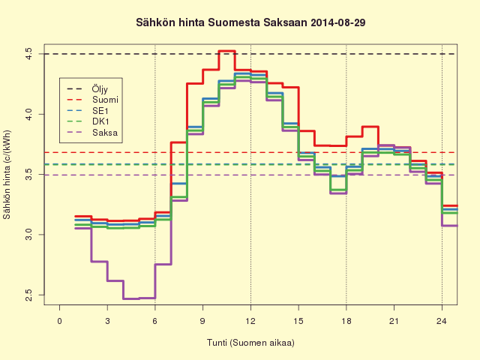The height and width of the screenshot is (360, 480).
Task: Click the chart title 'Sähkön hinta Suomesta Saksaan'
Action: click(222, 22)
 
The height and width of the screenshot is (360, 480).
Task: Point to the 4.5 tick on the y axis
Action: click(28, 54)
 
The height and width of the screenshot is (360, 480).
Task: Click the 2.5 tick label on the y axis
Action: click(28, 295)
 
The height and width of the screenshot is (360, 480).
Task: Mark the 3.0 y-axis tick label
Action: click(28, 235)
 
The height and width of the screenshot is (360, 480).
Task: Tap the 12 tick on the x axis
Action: click(250, 321)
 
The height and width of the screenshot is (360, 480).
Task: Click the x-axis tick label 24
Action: click(442, 321)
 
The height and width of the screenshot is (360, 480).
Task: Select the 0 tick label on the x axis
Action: click(60, 321)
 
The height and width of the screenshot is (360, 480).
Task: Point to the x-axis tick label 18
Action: click(346, 321)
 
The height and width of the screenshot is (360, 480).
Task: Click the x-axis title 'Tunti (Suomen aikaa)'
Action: click(250, 343)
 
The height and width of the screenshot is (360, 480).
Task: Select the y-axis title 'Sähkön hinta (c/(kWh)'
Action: click(7, 175)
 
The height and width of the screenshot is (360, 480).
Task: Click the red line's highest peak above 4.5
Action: click(226, 51)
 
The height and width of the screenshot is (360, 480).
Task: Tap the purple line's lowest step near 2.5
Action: click(131, 298)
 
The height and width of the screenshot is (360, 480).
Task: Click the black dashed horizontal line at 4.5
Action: click(250, 54)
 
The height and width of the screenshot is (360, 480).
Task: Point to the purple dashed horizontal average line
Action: click(250, 175)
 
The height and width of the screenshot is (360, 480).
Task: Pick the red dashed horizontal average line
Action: click(250, 152)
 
